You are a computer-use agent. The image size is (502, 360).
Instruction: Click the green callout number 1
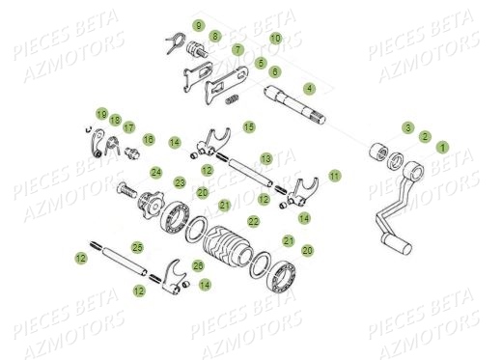pyautogui.click(x=443, y=147)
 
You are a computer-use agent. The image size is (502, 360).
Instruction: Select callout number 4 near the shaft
pyautogui.click(x=309, y=88)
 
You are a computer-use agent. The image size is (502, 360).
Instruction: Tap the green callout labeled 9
pyautogui.click(x=198, y=24)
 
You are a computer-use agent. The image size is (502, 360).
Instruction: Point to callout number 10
pyautogui.click(x=275, y=38)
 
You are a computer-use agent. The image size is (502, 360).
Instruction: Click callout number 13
pyautogui.click(x=265, y=157)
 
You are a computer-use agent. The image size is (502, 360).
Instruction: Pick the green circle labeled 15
pyautogui.click(x=249, y=126)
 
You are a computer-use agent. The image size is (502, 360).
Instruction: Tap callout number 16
pyautogui.click(x=148, y=140)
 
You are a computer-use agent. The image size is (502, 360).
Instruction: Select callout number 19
pyautogui.click(x=101, y=114)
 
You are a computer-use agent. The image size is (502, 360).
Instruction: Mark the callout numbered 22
pyautogui.click(x=254, y=221)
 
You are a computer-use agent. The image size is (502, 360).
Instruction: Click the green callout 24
pyautogui.click(x=155, y=173)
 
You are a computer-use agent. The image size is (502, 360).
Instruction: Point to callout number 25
pyautogui.click(x=137, y=247)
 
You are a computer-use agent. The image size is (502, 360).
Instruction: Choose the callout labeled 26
pyautogui.click(x=198, y=265)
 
